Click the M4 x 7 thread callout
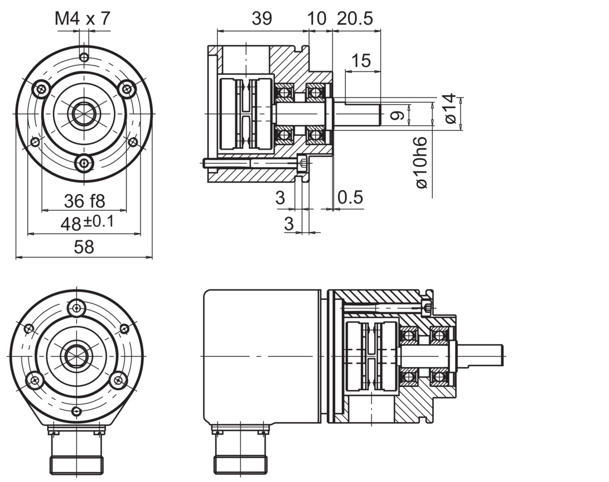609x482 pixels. pyautogui.click(x=83, y=19)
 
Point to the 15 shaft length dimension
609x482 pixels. pyautogui.click(x=362, y=61)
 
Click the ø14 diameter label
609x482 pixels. pyautogui.click(x=451, y=109)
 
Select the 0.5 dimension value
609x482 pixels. pyautogui.click(x=350, y=197)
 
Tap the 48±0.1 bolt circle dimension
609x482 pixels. pyautogui.click(x=86, y=223)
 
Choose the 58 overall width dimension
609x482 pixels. pyautogui.click(x=84, y=247)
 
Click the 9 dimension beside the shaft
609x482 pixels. pyautogui.click(x=397, y=117)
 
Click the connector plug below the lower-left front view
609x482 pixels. pyautogui.click(x=77, y=451)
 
